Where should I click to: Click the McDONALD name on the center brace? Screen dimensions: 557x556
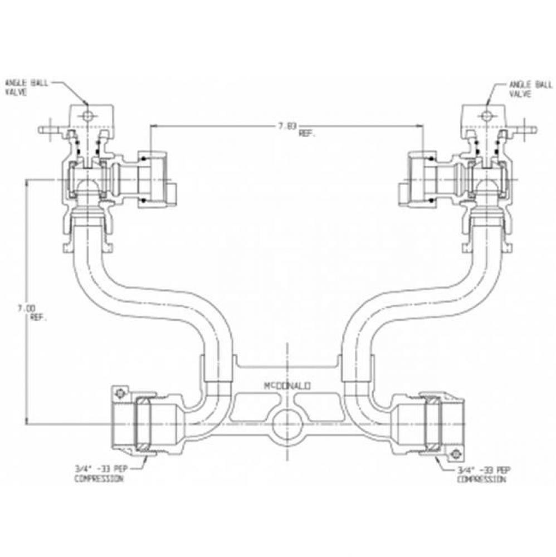click(x=287, y=385)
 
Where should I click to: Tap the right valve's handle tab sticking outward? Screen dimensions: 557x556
click(x=527, y=131)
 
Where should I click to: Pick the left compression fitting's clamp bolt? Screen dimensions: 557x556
click(x=119, y=393)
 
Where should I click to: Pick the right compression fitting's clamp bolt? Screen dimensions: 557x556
click(x=456, y=453)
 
